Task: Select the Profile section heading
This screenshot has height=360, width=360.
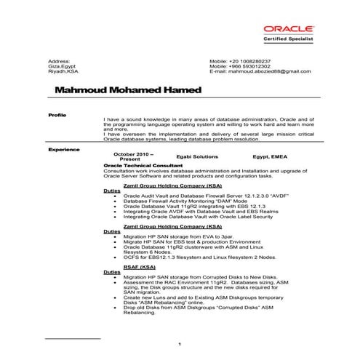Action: tap(57, 115)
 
